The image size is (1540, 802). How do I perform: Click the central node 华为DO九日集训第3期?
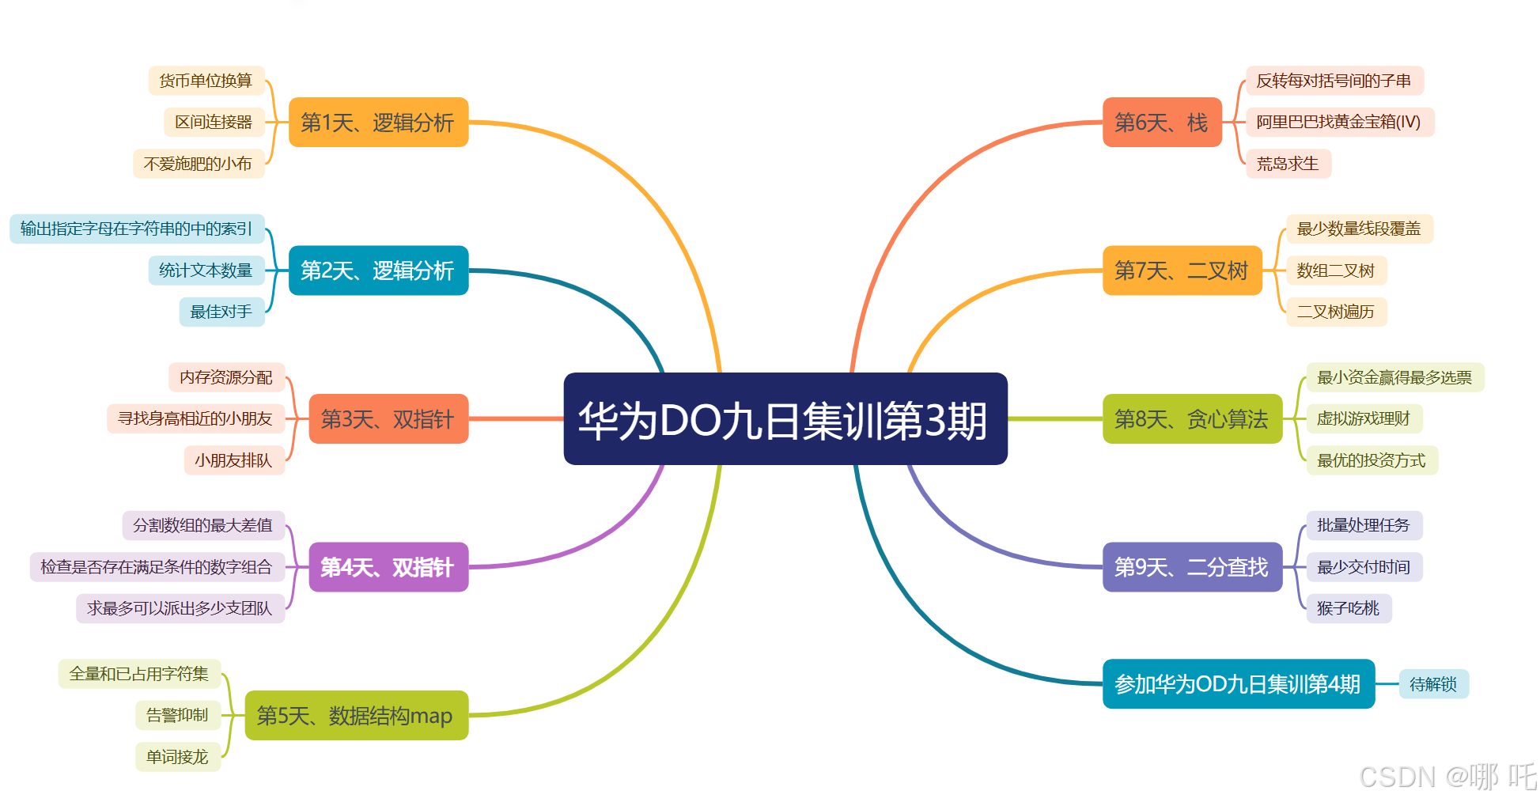(785, 419)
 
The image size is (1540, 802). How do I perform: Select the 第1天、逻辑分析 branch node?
(378, 123)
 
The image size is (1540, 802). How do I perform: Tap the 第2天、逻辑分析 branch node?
(378, 270)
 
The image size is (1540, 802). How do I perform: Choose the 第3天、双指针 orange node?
(388, 419)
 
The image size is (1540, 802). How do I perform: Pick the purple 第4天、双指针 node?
(388, 567)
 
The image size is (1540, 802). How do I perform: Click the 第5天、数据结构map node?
(356, 716)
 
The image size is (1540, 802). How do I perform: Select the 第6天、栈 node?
(1161, 123)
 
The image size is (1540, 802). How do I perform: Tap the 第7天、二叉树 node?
(1182, 270)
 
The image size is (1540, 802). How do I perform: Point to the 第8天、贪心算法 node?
(1191, 419)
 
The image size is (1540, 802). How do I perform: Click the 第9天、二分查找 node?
(1191, 567)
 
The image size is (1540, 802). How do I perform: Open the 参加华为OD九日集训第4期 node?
(1238, 684)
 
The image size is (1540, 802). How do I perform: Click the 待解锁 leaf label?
(1433, 684)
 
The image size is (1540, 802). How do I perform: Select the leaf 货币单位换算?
(206, 81)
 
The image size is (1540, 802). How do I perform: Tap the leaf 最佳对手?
(221, 312)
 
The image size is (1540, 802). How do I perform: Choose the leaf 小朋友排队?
(233, 460)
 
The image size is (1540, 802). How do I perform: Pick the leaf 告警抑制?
(177, 716)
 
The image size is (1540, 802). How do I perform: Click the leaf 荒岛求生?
(1288, 164)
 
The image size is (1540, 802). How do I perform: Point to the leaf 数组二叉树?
(1336, 270)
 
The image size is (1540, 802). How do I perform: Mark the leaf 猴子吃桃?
(1348, 608)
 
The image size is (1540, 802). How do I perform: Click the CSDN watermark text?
(1447, 777)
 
